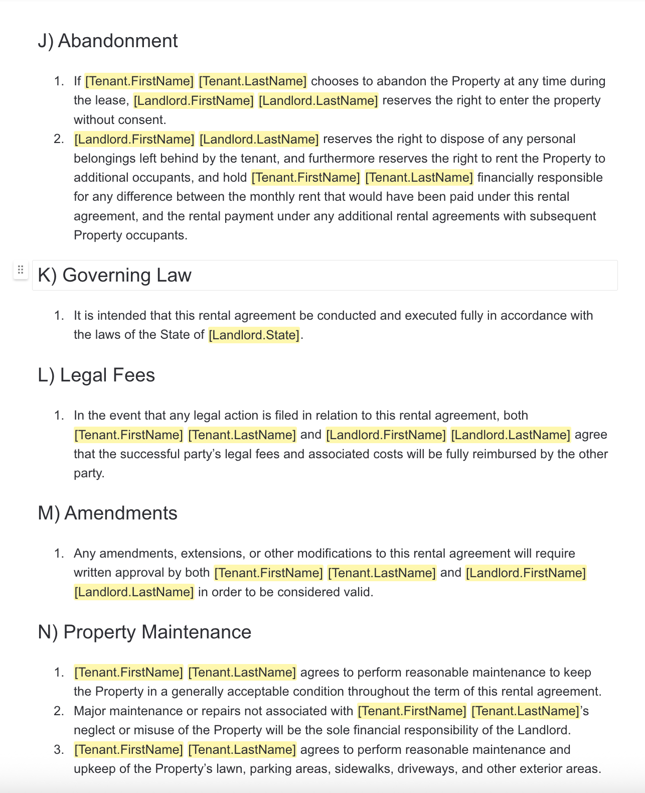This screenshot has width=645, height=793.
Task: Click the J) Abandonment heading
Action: [107, 41]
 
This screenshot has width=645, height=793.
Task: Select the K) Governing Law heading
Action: [114, 275]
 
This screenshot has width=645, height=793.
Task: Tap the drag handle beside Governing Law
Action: [21, 270]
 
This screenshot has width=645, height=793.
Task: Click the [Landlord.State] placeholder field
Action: [254, 335]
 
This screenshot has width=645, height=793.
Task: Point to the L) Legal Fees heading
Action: [96, 375]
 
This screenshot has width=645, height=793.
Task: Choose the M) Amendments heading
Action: [107, 513]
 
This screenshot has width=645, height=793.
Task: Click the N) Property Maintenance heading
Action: [144, 632]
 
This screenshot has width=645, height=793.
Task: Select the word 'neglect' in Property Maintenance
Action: [94, 730]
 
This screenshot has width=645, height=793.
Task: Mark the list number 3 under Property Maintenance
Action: [59, 750]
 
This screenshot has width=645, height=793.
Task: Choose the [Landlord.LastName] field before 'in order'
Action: [134, 592]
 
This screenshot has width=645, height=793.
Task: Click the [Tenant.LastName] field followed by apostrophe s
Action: [525, 711]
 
